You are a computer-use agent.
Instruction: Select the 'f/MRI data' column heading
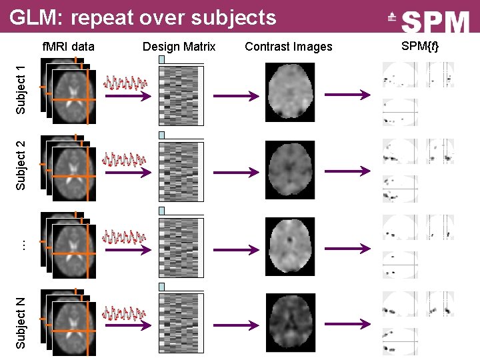coord(69,47)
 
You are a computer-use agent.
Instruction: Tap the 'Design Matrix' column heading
coord(179,47)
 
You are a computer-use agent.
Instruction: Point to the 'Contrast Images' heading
coord(288,47)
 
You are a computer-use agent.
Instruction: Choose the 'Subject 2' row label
coord(21,165)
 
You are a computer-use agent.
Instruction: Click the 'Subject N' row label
coord(21,323)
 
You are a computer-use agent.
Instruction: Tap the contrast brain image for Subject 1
coord(289,92)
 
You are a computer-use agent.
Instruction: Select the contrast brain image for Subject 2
coord(289,170)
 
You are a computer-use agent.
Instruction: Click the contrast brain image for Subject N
coord(289,322)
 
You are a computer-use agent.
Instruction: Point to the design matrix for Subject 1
coord(181,95)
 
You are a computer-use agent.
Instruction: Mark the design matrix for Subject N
coord(181,323)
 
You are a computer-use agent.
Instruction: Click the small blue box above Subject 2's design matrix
coord(161,135)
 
